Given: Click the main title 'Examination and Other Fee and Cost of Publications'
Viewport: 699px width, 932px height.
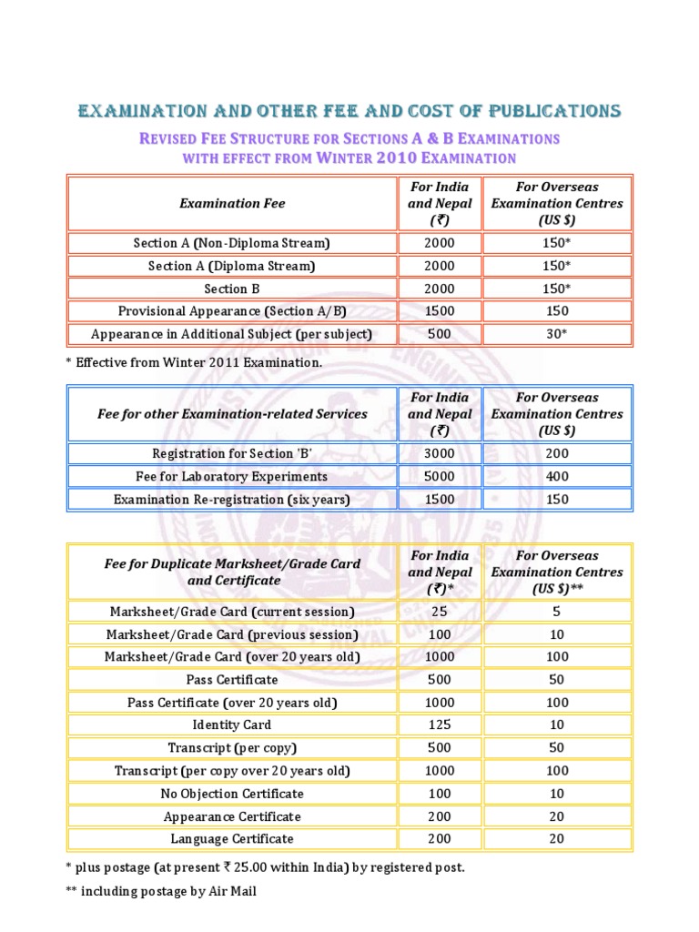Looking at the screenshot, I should [349, 111].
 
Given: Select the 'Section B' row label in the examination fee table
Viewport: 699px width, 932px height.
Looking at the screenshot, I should [231, 289].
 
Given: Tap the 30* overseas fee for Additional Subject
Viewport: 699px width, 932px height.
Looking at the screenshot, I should [556, 334].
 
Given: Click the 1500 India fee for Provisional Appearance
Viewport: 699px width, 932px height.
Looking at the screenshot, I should [440, 311].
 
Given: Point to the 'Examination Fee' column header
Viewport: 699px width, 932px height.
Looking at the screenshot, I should [231, 203].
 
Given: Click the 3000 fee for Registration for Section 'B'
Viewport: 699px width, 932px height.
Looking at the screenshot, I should [440, 453].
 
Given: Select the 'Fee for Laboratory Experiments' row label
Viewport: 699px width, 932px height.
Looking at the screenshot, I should [231, 476].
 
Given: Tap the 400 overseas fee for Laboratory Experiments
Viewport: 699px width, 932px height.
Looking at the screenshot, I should [556, 476].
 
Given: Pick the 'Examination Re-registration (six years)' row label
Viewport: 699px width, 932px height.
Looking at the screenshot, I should [231, 499].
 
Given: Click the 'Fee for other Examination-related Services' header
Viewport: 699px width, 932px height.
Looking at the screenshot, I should [231, 413].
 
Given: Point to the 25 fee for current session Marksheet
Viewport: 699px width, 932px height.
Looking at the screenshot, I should [440, 611].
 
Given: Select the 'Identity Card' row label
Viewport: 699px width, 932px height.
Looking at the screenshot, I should [231, 724].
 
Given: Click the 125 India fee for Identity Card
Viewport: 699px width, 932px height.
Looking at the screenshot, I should [440, 724].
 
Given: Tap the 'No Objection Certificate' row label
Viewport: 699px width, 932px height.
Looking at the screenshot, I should [231, 794].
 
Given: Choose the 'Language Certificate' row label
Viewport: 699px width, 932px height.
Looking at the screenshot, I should [231, 839].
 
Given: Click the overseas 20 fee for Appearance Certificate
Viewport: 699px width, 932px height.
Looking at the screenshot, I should [556, 816].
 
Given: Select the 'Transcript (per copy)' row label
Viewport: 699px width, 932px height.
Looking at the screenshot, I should [231, 748].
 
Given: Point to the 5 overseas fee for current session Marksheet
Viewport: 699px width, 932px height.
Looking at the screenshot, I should [556, 611].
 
